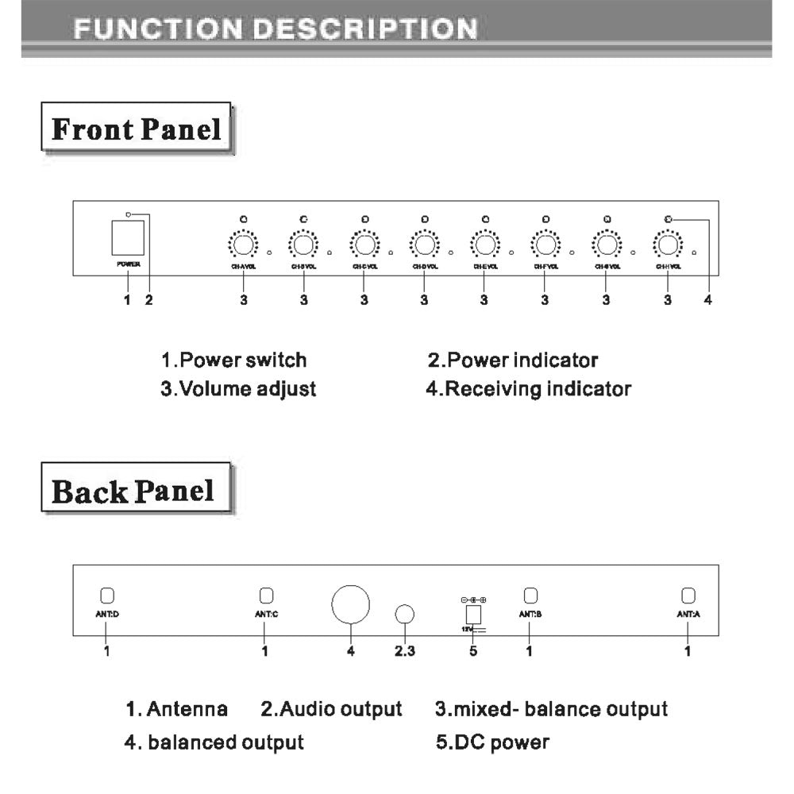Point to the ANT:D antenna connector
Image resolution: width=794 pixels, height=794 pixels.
[x=107, y=595]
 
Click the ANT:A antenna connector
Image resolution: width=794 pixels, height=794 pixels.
[x=688, y=595]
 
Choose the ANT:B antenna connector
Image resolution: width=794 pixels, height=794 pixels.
[x=530, y=595]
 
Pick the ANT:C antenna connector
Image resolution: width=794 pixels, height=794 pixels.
[x=266, y=595]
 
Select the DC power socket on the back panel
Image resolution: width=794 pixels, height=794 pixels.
[x=473, y=615]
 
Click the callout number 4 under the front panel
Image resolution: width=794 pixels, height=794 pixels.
[x=707, y=300]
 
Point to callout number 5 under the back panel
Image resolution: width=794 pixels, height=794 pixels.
[x=473, y=652]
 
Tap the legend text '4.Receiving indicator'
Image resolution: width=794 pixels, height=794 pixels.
[x=530, y=389]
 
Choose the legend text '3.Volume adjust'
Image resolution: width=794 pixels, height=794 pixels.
[x=238, y=389]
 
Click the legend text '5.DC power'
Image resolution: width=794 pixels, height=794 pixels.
[x=492, y=742]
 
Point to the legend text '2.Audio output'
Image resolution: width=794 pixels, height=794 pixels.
[x=331, y=708]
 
